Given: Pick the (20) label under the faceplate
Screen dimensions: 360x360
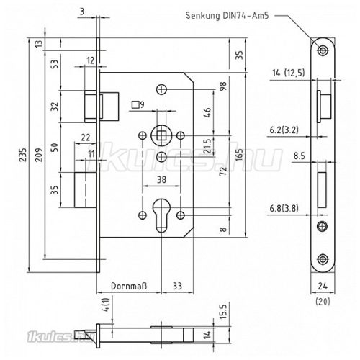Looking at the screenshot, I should tap(322, 302).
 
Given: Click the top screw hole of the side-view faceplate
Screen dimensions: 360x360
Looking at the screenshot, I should tap(321, 50).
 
